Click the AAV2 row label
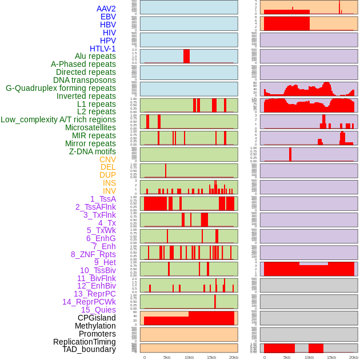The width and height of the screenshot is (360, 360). point(106,9)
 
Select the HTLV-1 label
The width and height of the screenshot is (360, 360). point(103,49)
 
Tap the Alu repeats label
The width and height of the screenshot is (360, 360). point(95,56)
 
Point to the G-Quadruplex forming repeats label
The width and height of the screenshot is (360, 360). point(61,88)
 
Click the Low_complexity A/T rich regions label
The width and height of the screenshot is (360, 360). point(58,119)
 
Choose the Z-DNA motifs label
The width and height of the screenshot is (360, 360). point(93,151)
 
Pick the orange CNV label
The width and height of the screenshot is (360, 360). point(107,159)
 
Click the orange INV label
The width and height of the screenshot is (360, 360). point(109,191)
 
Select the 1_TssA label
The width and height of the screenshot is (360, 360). point(103,199)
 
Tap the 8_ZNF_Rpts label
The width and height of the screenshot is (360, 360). point(93,254)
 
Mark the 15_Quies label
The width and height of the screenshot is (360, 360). point(98,310)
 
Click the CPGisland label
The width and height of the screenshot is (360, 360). point(97,318)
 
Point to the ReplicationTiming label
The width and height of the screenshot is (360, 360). point(84,342)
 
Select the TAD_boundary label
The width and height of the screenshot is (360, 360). point(89,349)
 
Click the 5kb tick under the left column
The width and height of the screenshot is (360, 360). point(167,357)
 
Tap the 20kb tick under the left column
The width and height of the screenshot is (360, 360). point(234,357)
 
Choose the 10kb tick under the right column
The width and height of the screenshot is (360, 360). point(309,357)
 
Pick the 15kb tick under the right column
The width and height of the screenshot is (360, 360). point(331,357)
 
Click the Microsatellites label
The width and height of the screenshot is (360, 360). point(90,127)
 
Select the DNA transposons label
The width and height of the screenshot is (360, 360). point(85,80)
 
